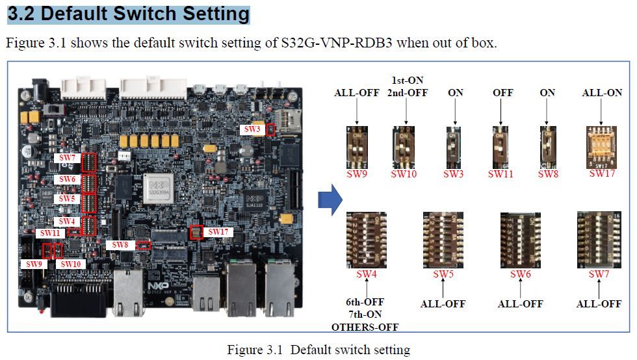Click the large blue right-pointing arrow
coord(330,199)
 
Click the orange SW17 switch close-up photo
coord(601,146)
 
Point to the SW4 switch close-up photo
coord(367,240)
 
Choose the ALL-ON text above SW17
coord(602,93)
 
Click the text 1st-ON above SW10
coord(407,81)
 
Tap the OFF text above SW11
coord(502,93)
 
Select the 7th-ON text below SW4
coord(365,315)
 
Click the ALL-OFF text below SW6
coord(521,303)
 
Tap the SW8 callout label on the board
coord(120,245)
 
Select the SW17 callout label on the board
coord(214,231)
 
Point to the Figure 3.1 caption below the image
coord(318,350)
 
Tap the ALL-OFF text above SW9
coord(357,93)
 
